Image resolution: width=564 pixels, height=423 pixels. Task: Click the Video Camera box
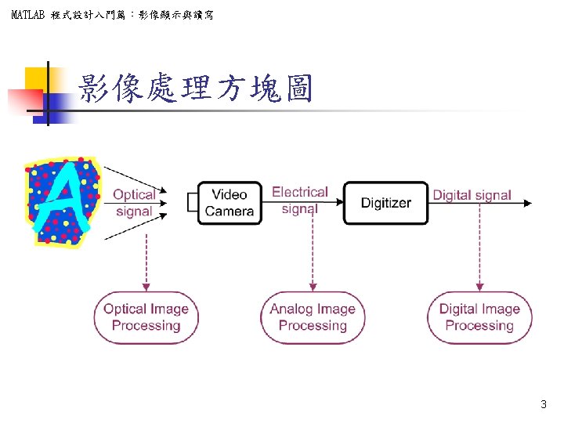(x=229, y=203)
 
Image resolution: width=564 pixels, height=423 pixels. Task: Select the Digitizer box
(x=385, y=203)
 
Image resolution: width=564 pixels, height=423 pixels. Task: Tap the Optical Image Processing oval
(x=146, y=317)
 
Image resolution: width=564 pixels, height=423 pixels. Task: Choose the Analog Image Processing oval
(x=313, y=317)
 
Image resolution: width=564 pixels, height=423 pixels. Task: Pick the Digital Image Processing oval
(x=479, y=317)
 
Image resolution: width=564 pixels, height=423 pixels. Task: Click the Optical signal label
(x=134, y=203)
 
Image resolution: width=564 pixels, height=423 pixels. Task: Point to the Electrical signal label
(x=299, y=199)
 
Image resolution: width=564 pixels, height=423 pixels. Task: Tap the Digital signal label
(x=472, y=195)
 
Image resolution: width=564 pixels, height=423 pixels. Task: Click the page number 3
(x=544, y=405)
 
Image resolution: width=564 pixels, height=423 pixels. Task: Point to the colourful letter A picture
(x=63, y=201)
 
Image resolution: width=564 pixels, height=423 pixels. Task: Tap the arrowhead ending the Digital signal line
(x=527, y=203)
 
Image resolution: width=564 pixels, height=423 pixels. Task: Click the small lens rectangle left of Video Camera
(x=193, y=203)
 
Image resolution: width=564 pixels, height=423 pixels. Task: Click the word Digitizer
(x=385, y=203)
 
